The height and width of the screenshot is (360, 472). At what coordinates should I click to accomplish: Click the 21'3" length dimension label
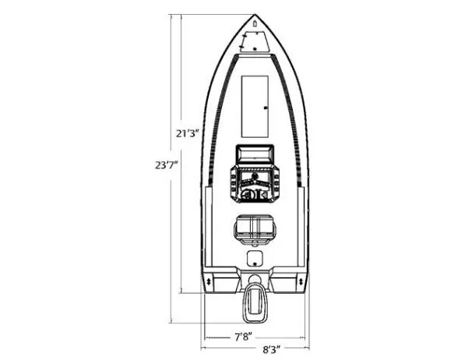187,133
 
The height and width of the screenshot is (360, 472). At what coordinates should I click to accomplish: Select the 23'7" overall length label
166,164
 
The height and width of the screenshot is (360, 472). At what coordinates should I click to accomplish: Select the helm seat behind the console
255,228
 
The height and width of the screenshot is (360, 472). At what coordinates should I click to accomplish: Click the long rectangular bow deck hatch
255,104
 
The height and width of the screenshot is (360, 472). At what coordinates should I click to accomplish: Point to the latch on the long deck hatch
266,106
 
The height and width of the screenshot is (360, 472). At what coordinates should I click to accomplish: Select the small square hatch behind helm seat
255,258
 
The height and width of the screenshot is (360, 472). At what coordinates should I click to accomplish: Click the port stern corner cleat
209,281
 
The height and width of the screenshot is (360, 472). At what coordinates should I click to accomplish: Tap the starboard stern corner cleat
301,281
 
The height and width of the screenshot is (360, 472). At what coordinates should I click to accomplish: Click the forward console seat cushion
255,153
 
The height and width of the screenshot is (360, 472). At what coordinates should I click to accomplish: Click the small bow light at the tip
255,25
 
